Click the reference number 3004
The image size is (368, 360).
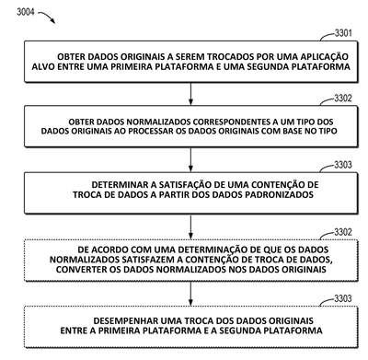point(26,12)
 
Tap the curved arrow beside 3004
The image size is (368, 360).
point(47,17)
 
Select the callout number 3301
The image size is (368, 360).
point(343,33)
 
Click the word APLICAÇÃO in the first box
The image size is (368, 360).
point(324,57)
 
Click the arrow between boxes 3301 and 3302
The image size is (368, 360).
point(190,94)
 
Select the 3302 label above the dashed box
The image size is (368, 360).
point(343,232)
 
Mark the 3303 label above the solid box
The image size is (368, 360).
point(343,165)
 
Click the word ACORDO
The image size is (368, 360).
point(110,250)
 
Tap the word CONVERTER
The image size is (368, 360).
point(79,270)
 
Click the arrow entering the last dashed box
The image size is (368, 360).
point(190,294)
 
